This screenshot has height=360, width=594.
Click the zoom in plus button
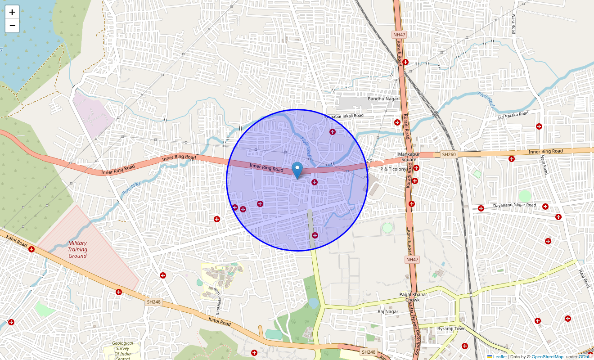12,12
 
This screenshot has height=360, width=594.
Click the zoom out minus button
12,26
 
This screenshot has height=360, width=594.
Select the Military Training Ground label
77,249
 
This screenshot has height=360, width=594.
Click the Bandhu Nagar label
383,99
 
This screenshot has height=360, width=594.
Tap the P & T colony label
393,169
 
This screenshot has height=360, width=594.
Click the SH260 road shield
449,154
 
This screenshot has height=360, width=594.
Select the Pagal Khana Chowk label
412,297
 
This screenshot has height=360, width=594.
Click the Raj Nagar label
388,311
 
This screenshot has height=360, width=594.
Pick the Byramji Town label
451,328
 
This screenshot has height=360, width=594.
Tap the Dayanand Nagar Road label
514,205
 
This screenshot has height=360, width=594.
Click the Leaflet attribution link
499,357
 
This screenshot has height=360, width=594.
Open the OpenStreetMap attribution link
547,357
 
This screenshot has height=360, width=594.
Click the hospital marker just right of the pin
315,182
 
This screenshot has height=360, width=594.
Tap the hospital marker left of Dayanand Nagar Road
481,208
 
